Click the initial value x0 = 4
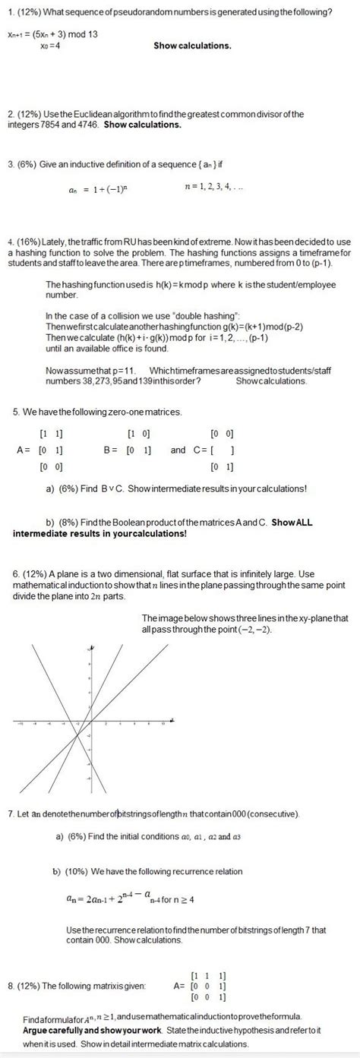51,46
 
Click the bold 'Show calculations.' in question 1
192,46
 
